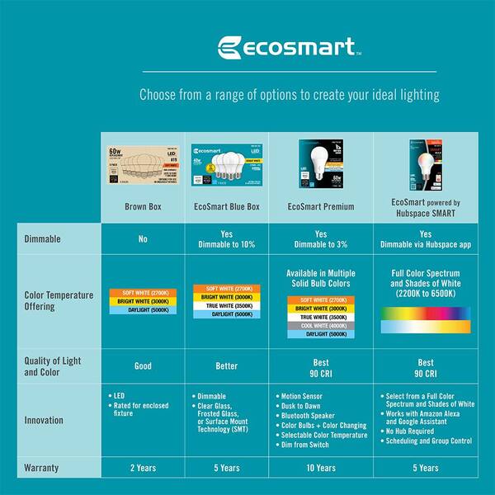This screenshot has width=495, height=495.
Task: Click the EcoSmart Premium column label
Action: point(320,206)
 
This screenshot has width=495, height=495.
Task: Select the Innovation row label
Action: point(43,419)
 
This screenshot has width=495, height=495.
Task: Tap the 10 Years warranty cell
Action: point(320,468)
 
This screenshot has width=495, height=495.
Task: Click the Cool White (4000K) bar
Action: point(320,325)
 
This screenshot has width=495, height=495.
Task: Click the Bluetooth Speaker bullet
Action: point(310,416)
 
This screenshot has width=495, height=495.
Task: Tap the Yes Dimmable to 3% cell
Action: point(320,239)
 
